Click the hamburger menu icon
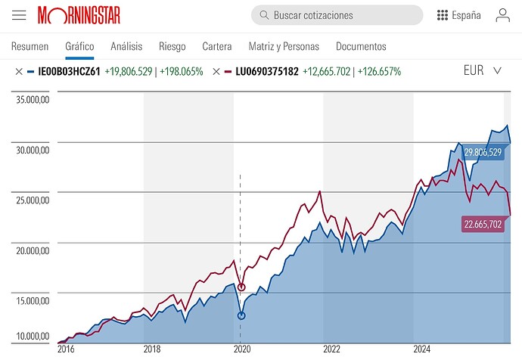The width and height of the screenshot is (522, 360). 20,15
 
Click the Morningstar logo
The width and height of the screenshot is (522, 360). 79,15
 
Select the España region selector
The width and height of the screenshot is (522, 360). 458,15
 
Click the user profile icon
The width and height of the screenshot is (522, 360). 502,15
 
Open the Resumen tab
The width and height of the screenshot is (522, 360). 30,46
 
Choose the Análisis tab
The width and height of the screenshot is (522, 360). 126,46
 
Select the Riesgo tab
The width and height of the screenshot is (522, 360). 172,46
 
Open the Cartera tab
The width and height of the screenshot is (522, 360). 217,46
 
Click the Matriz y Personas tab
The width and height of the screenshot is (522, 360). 284,46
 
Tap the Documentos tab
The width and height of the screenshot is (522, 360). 361,46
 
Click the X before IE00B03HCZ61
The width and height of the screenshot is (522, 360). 18,72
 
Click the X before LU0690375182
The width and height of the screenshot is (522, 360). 216,72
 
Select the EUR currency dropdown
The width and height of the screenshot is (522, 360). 483,71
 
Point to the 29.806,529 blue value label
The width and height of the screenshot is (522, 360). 483,152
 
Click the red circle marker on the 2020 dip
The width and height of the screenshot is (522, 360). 241,287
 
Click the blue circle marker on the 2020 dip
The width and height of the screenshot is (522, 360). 241,315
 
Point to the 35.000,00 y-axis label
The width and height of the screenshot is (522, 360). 33,100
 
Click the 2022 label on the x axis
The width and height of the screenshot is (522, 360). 331,349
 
